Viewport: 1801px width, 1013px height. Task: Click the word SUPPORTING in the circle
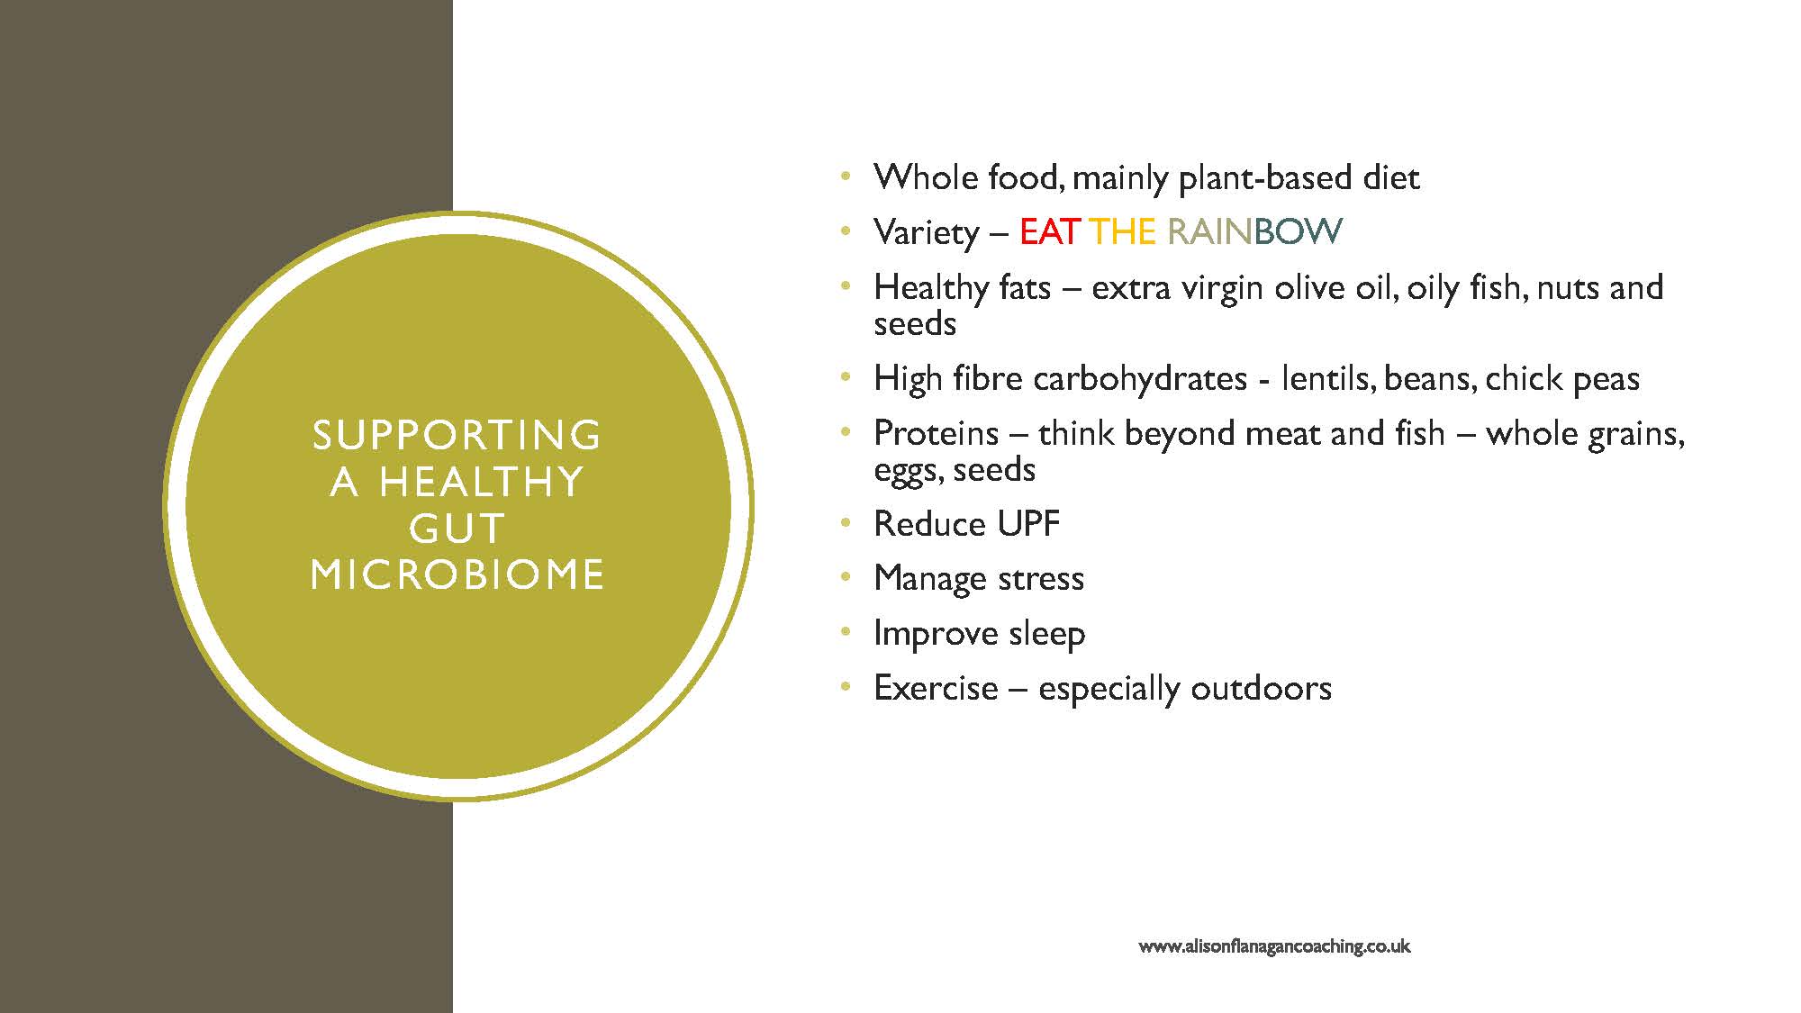[457, 435]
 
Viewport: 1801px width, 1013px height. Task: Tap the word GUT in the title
[457, 529]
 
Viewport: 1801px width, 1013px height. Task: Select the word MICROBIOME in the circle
[457, 574]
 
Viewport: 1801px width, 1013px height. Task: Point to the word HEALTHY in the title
[482, 482]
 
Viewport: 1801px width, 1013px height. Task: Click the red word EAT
[1049, 232]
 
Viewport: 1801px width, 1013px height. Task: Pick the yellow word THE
[1122, 232]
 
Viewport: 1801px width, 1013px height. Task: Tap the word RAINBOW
[1254, 232]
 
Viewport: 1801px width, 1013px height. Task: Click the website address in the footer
[1274, 946]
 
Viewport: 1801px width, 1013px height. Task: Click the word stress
[1041, 579]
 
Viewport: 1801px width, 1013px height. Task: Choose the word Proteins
[937, 434]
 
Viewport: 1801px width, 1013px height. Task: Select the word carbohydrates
[1140, 379]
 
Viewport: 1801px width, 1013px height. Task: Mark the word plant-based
[1265, 178]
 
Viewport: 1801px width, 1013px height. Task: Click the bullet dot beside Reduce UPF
[846, 523]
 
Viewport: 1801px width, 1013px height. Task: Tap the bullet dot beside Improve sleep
[846, 633]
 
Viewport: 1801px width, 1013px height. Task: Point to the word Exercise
[937, 689]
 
